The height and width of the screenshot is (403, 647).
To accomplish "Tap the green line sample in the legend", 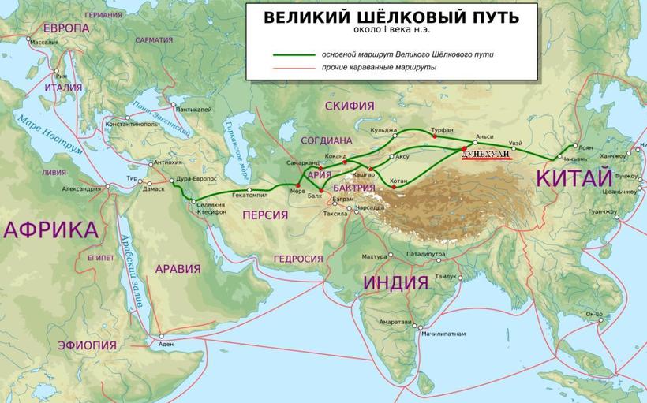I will [293, 55].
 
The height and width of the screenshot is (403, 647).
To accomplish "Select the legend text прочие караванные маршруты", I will [380, 68].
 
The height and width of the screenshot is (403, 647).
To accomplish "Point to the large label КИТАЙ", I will [574, 177].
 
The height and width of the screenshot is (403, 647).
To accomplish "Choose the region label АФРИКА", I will [50, 229].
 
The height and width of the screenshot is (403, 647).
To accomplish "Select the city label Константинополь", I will [131, 124].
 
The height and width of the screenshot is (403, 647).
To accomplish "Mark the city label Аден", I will [165, 345].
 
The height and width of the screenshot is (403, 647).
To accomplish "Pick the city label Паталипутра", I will [427, 254].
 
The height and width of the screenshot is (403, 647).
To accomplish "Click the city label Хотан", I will [400, 181].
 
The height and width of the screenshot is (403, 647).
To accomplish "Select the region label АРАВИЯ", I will [178, 268].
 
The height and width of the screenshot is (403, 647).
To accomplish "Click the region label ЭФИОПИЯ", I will [87, 345].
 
